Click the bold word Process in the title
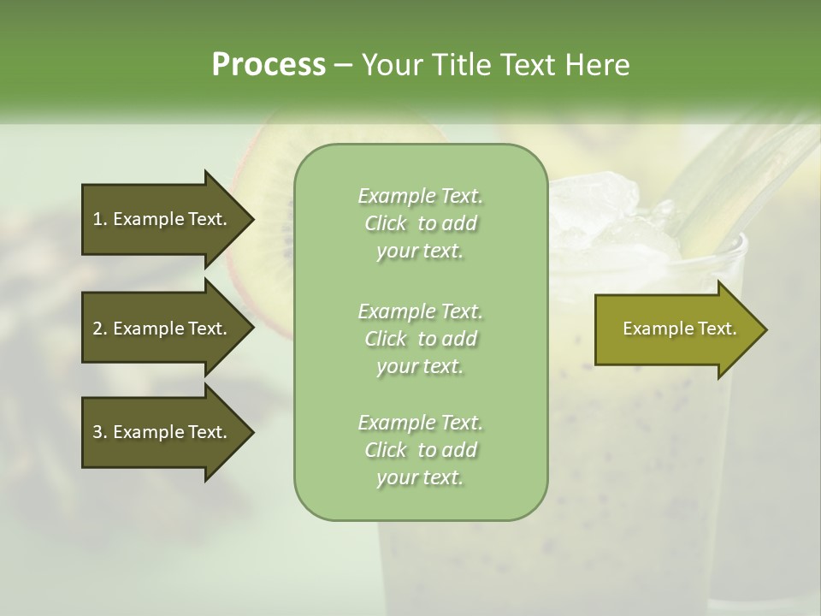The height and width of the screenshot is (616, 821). (269, 65)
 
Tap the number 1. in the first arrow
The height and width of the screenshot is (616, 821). (100, 219)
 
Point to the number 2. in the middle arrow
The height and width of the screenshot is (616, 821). (100, 329)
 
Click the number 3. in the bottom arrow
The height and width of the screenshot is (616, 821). (100, 432)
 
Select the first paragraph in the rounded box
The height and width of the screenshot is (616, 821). (420, 223)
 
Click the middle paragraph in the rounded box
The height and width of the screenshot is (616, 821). (420, 339)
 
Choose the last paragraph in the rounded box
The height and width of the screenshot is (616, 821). (420, 450)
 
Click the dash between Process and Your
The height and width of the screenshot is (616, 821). (343, 65)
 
